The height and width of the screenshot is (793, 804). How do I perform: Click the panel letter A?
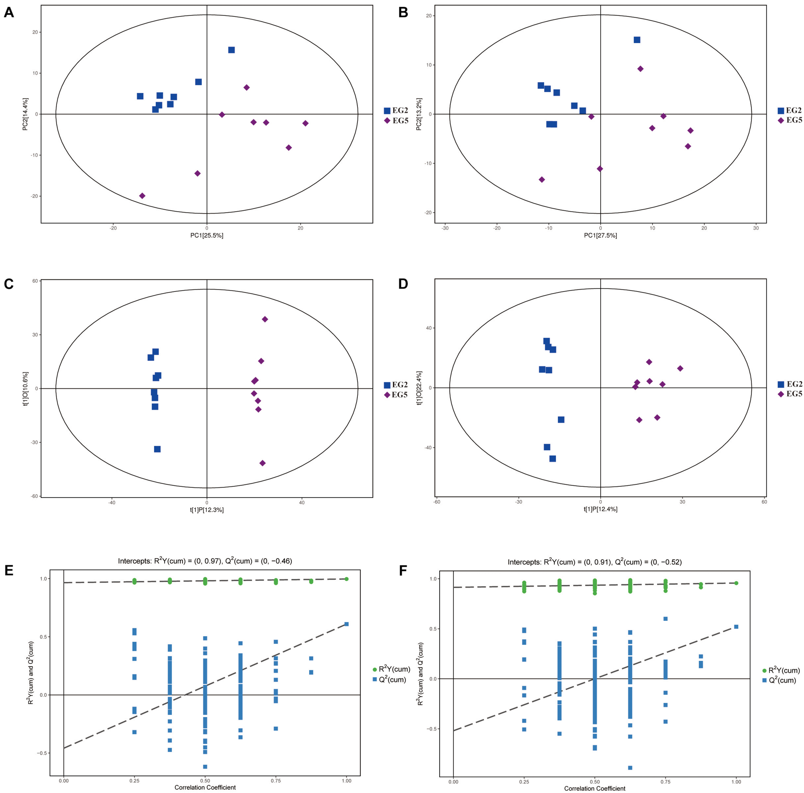click(8, 13)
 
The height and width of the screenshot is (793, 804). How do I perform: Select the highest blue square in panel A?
click(231, 50)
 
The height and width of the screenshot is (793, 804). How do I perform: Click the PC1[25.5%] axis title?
click(207, 235)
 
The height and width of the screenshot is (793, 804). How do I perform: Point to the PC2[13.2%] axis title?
click(419, 114)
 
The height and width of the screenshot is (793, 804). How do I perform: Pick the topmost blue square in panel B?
click(637, 40)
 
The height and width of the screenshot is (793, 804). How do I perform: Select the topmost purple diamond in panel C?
click(265, 319)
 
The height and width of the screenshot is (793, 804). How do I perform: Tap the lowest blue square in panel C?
click(157, 449)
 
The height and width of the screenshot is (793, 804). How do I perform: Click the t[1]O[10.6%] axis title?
click(25, 388)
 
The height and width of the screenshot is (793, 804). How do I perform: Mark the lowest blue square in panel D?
click(553, 459)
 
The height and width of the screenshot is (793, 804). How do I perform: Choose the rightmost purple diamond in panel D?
click(680, 368)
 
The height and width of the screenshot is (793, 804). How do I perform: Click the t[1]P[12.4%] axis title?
click(600, 509)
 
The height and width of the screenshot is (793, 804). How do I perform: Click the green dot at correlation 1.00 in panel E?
click(346, 579)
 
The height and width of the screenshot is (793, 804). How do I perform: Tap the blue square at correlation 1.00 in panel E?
click(346, 624)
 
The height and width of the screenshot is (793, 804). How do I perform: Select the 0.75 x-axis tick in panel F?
click(665, 782)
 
